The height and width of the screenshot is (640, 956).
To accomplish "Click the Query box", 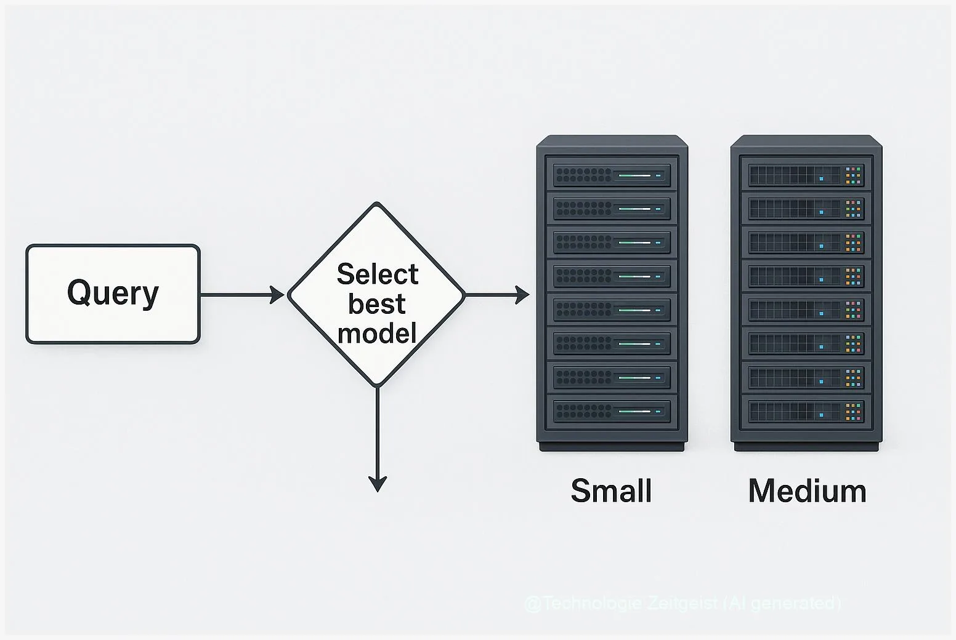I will (x=113, y=294).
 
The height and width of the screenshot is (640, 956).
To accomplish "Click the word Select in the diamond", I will (x=377, y=274).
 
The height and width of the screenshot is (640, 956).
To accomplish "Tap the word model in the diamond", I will (x=377, y=333).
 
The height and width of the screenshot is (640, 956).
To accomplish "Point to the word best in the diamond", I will (x=377, y=303).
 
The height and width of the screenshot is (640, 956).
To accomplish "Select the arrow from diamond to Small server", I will (x=496, y=295).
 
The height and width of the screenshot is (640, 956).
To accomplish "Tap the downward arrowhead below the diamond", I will (x=377, y=484).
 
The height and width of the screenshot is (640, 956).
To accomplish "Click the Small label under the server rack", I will (x=611, y=491).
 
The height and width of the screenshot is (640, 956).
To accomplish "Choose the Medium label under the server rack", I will (x=807, y=491).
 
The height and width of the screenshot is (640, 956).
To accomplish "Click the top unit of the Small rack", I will (x=612, y=175).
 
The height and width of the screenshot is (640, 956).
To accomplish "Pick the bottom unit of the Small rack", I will (x=612, y=410).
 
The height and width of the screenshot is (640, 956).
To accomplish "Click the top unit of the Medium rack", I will (x=806, y=175).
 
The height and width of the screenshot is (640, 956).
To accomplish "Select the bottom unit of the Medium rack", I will (x=806, y=410).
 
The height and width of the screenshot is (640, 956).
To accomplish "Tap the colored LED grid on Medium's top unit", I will (x=853, y=175).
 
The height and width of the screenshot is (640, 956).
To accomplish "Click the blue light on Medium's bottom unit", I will (x=822, y=415).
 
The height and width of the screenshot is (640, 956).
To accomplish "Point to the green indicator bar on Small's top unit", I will (x=634, y=175).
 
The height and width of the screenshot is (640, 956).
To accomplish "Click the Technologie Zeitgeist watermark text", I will (x=683, y=602).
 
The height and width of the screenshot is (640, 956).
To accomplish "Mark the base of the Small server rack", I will (x=612, y=446).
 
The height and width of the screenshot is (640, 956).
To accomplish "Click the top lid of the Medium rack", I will (x=806, y=140).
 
